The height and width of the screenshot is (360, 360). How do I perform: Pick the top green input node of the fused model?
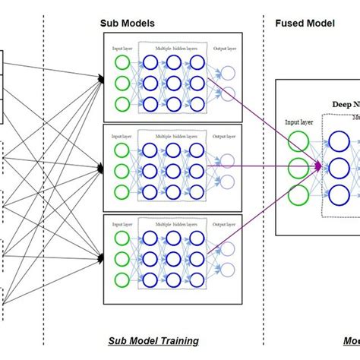pyautogui.click(x=299, y=142)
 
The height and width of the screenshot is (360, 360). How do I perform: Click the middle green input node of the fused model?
pyautogui.click(x=299, y=167)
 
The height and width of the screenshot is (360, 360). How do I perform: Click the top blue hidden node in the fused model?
pyautogui.click(x=340, y=142)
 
